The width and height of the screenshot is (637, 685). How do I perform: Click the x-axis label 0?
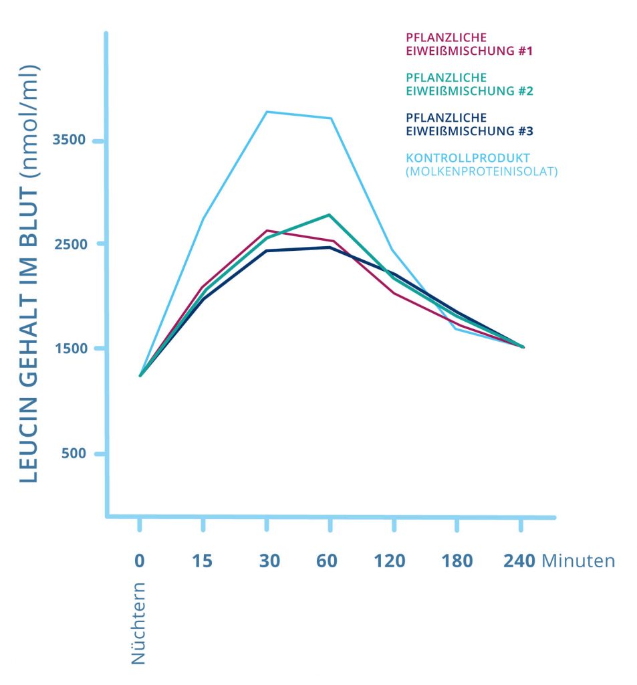click(139, 561)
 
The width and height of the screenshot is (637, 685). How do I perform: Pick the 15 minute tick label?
click(202, 561)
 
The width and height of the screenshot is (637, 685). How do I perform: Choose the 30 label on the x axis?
click(270, 561)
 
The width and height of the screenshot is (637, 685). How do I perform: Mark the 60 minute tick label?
click(327, 561)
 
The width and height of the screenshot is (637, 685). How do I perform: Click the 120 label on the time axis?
click(390, 561)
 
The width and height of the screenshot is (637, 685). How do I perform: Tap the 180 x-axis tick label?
click(457, 561)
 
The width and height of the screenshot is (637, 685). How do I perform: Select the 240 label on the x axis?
click(519, 561)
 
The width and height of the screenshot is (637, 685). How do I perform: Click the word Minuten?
click(578, 561)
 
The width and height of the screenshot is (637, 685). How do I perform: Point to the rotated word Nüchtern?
click(138, 622)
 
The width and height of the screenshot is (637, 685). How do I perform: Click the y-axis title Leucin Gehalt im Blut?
click(29, 274)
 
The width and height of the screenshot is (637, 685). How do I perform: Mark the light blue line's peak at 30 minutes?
click(267, 112)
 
